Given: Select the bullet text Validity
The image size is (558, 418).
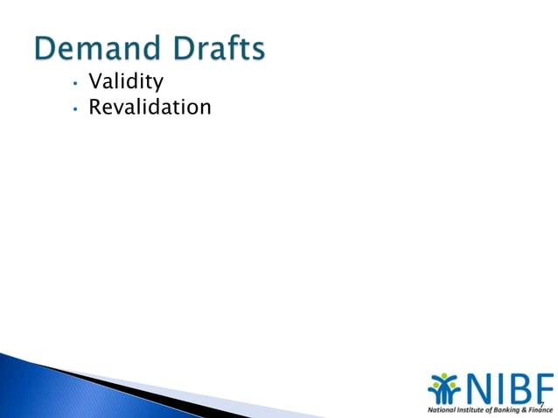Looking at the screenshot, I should (x=126, y=83).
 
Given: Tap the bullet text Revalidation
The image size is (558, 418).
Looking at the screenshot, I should (x=150, y=108).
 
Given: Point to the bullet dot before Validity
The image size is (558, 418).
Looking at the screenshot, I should (x=76, y=84).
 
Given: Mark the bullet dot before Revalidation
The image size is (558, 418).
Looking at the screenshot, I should (x=76, y=109).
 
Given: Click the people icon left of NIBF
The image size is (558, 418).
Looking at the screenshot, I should (x=444, y=390).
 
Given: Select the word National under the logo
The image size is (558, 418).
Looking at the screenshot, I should (x=442, y=409).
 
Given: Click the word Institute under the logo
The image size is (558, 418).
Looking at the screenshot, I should (x=473, y=409).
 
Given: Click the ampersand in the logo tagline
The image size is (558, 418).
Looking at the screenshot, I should (x=527, y=409).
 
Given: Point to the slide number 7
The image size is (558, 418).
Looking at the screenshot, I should (x=541, y=403).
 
